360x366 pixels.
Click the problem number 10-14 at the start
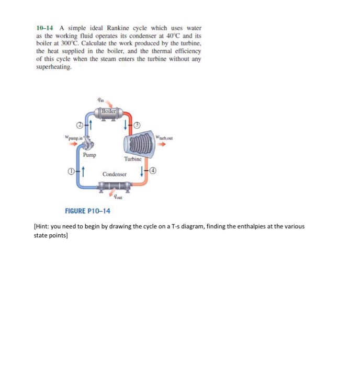click(x=45, y=27)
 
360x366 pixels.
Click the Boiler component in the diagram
click(x=107, y=112)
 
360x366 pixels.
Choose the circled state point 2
click(x=78, y=125)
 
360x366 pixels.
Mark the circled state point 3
click(x=138, y=125)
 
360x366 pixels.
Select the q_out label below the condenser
click(x=116, y=197)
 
